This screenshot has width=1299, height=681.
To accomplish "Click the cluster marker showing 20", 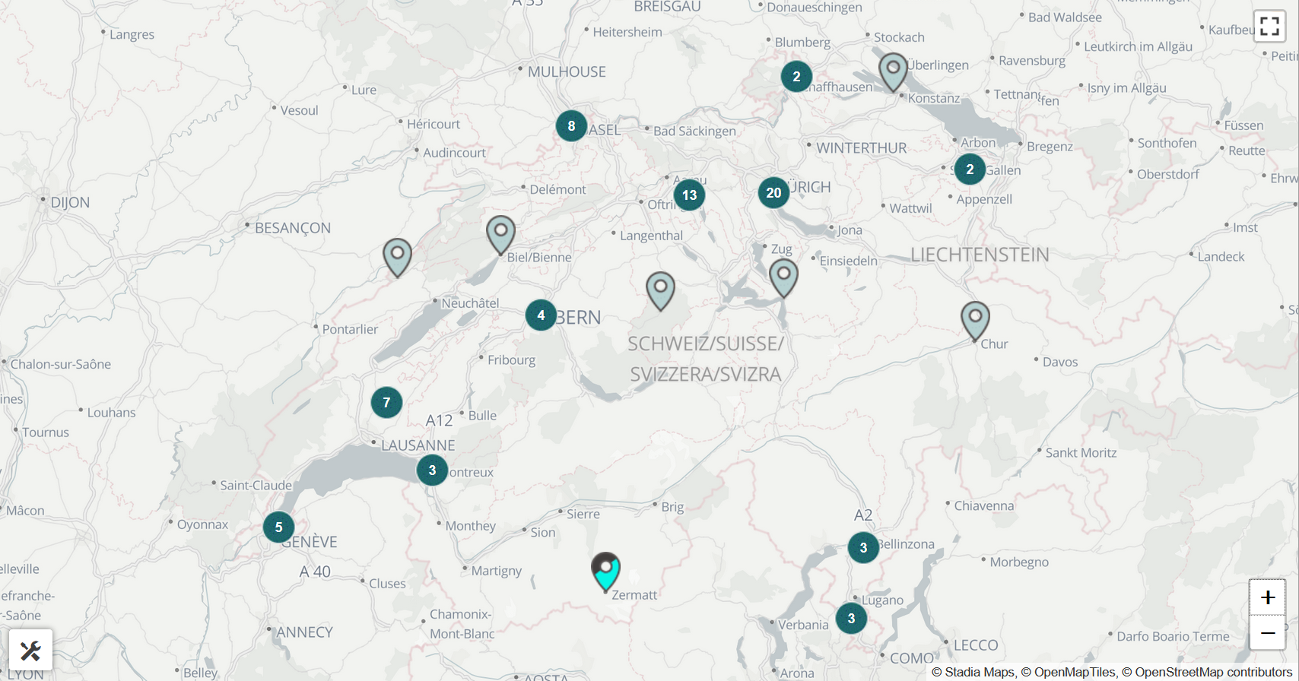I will (x=773, y=193).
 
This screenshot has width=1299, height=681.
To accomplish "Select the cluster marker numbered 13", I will (x=689, y=195).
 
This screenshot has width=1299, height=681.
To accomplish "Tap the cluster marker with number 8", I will (x=571, y=126).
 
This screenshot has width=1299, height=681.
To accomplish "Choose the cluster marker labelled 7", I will (x=386, y=403).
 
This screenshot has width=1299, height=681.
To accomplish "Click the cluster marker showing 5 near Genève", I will (x=278, y=527).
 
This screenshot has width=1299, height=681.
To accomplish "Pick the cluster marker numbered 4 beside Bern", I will (x=541, y=315).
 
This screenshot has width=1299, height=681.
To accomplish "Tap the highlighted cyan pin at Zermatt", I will (x=606, y=572).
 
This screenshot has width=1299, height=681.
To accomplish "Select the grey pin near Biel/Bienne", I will (x=500, y=233).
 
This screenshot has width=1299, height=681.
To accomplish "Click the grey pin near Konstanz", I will (x=893, y=71).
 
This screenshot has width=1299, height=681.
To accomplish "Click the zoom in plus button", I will (x=1267, y=597).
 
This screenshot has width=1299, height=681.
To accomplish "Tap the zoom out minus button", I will (x=1267, y=633).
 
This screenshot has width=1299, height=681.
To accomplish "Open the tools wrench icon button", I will (x=30, y=651).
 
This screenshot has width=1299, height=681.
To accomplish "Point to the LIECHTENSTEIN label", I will (x=980, y=255).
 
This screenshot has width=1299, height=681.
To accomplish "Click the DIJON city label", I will (x=70, y=203).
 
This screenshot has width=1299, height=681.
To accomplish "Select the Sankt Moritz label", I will (x=1081, y=453).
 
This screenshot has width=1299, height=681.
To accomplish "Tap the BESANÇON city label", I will (x=293, y=228).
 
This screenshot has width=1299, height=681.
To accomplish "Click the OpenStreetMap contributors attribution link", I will (x=1213, y=672).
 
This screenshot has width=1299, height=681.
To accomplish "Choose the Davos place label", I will (x=1060, y=363).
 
